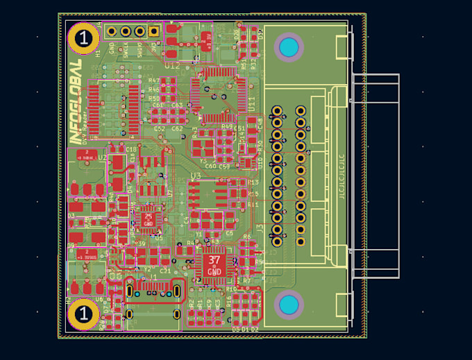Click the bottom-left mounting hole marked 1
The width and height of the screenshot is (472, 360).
83,314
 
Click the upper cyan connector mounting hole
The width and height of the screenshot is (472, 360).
289,47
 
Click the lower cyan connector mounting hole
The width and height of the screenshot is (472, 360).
289,305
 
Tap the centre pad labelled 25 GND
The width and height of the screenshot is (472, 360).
148,219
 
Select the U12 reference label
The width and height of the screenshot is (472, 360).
172,65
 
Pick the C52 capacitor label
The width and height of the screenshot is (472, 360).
160,129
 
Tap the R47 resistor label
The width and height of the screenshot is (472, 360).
153,81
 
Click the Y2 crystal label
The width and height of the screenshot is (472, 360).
146,269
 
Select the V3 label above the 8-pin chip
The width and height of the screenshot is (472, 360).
195,177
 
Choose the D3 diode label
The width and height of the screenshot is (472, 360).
71,216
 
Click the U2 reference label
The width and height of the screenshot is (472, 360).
102,157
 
